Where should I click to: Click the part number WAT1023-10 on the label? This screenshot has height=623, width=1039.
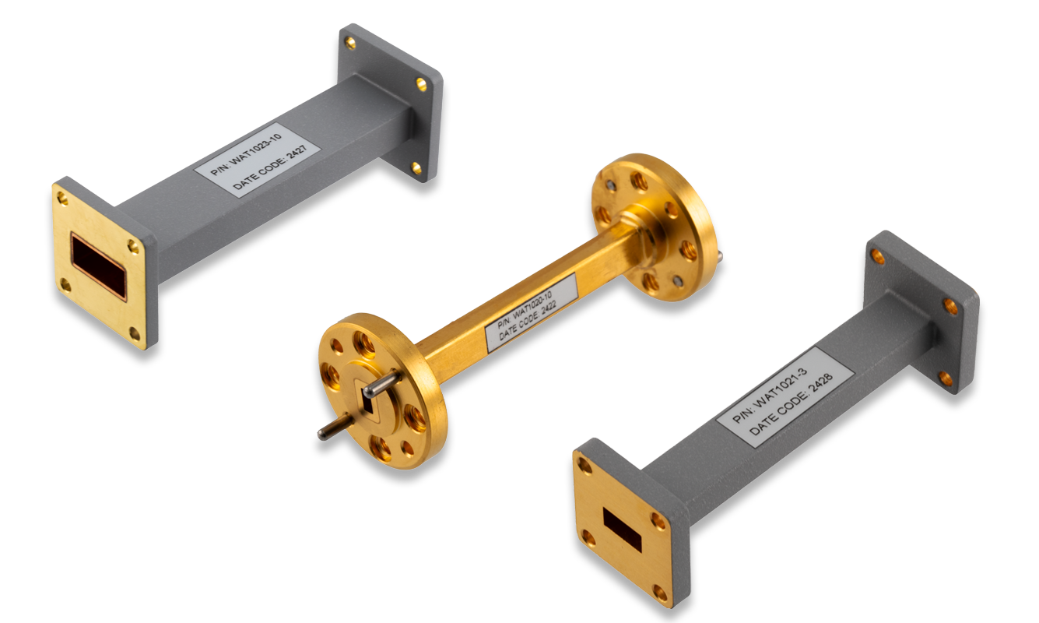[247, 148]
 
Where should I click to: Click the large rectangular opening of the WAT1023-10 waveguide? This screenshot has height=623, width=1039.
[97, 265]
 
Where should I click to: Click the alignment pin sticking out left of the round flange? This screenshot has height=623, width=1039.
[331, 431]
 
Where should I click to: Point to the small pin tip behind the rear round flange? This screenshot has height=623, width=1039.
[724, 253]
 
